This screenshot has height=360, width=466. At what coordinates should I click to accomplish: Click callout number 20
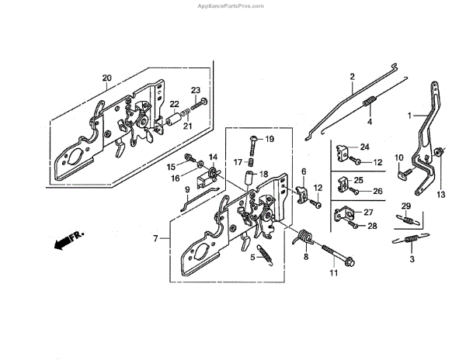click(107, 78)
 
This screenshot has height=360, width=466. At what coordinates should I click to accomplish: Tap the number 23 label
click(196, 90)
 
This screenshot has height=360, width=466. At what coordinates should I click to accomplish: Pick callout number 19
click(270, 140)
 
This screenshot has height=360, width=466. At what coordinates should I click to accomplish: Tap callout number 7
click(155, 237)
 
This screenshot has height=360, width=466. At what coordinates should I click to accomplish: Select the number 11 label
click(335, 274)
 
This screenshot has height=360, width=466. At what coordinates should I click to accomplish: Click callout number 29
click(405, 205)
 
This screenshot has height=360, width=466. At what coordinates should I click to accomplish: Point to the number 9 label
click(187, 189)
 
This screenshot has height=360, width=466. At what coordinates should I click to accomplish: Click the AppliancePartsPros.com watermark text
click(232, 4)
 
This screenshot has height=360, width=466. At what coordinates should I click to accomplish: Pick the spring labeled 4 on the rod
click(370, 102)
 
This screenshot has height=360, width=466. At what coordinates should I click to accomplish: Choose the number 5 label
click(252, 256)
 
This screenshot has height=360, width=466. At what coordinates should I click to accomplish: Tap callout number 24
click(364, 147)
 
